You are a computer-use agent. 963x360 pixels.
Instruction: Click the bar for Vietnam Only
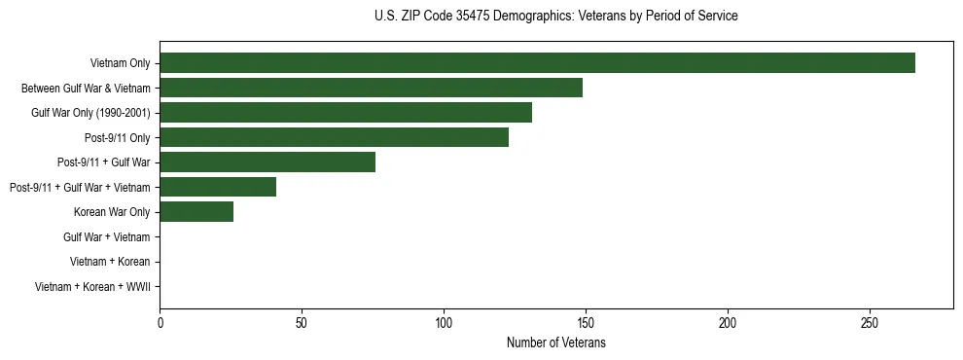[537, 63]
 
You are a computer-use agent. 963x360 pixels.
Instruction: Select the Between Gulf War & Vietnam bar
[371, 88]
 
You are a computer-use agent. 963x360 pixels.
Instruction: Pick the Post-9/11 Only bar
[334, 137]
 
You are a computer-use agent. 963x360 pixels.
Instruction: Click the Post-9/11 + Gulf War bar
[267, 162]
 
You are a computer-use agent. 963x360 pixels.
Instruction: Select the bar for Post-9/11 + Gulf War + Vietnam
[218, 187]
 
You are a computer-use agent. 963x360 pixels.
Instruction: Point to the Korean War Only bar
[196, 212]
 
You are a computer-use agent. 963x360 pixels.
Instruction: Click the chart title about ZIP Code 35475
[555, 17]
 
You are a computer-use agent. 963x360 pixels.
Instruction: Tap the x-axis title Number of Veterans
[555, 343]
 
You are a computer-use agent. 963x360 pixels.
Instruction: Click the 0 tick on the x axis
[160, 322]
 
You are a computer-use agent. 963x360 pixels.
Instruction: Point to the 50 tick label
[302, 322]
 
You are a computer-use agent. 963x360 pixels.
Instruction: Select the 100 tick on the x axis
[444, 322]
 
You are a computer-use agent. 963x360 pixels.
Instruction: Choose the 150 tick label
[586, 322]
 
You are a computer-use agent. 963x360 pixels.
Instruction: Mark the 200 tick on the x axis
[728, 322]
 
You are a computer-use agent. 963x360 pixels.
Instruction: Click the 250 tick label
[870, 322]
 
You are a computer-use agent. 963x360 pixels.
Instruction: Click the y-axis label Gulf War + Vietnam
[107, 237]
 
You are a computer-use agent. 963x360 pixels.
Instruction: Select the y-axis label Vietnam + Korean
[110, 262]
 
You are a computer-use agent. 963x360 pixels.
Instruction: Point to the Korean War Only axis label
[112, 212]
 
